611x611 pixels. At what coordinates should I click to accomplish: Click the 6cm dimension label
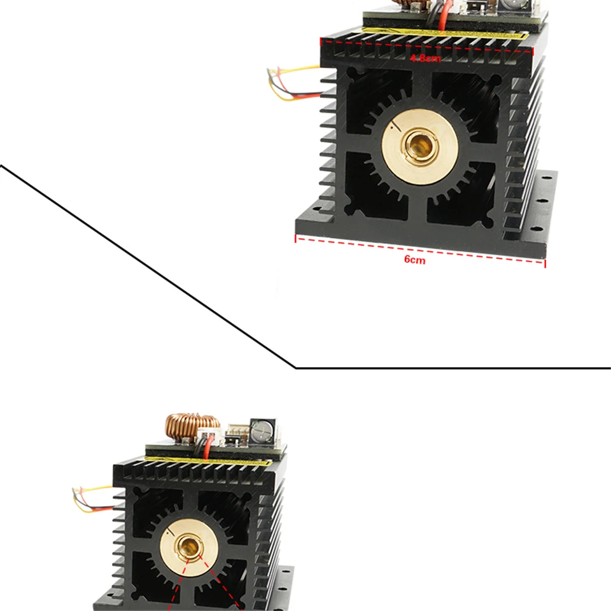[414, 260]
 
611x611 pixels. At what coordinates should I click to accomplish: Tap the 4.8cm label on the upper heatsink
[425, 59]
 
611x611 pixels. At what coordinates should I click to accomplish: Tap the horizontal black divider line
[452, 367]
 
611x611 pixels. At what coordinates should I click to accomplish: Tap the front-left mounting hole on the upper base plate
[314, 206]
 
